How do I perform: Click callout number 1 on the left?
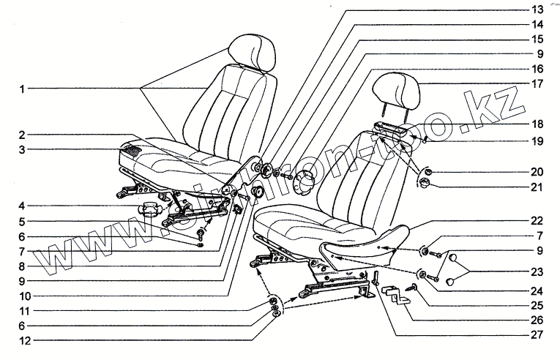23,89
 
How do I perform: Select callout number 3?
23,150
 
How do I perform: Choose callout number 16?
537,68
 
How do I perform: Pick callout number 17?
537,83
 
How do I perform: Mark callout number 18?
537,124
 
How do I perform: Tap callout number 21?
537,187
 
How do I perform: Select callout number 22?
537,221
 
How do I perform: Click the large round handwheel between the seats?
305,181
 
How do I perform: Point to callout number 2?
23,135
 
